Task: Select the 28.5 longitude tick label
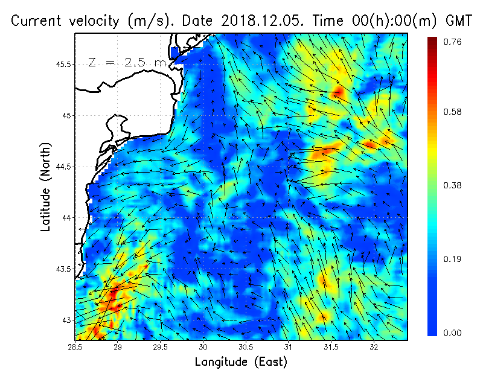(x=75, y=347)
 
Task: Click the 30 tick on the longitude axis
(x=203, y=347)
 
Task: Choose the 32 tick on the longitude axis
(x=374, y=347)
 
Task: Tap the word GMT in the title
(x=459, y=21)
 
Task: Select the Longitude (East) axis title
(x=241, y=362)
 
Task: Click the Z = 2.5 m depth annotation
(x=127, y=62)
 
